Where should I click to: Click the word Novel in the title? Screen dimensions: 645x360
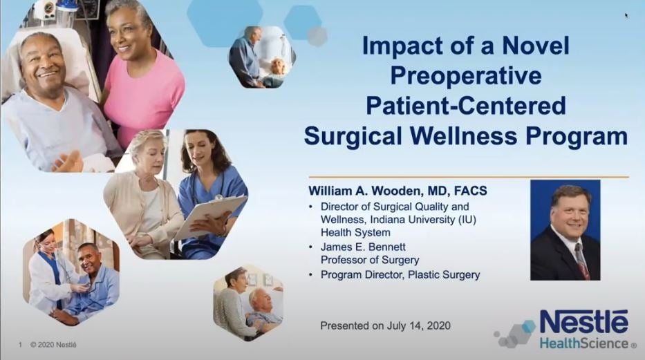point(536,46)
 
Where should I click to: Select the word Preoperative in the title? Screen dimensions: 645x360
point(466,75)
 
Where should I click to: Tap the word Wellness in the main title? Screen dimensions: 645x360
point(463,136)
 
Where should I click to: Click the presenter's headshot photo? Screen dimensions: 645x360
point(565,229)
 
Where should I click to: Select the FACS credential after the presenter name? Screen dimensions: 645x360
point(471,191)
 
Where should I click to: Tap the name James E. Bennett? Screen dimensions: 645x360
point(363,247)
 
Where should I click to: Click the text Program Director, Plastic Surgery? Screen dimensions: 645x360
point(400,274)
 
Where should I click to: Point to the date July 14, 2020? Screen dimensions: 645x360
point(418,326)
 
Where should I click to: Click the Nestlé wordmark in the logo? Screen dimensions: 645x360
point(583,322)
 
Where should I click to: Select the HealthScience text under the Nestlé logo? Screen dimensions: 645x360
point(583,343)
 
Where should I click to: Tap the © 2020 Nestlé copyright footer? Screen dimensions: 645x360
point(53,345)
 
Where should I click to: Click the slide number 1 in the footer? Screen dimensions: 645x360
point(20,345)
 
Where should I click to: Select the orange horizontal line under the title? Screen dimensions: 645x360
point(469,177)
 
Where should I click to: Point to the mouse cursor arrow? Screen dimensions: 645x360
point(626,16)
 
